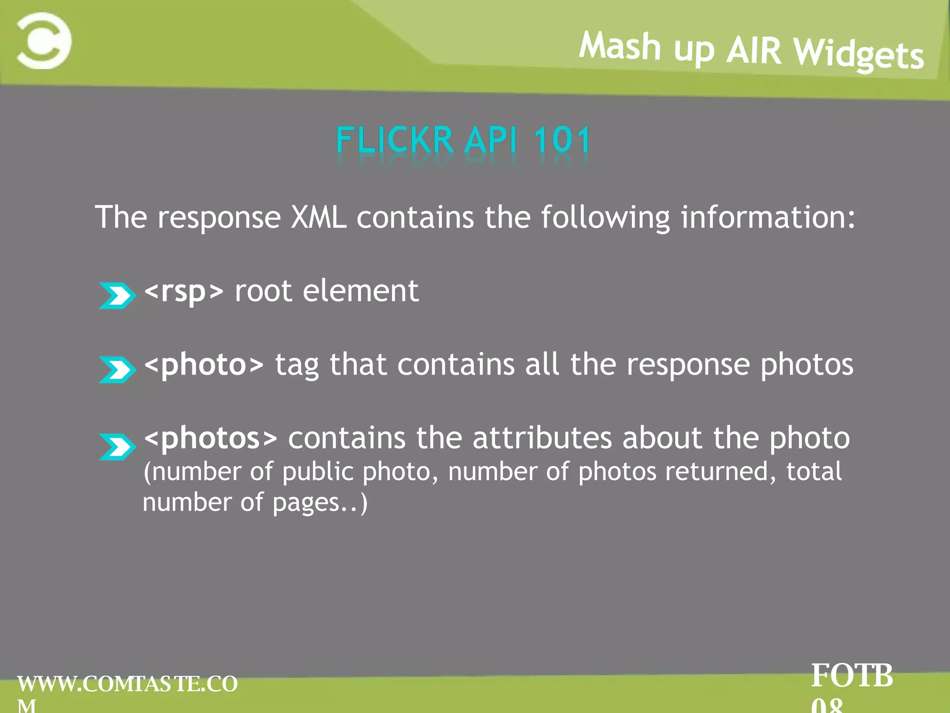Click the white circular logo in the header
click(44, 41)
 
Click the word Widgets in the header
click(858, 55)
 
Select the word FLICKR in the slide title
click(394, 140)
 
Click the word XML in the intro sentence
click(318, 217)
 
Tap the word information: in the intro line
click(768, 217)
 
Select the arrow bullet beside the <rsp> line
click(117, 296)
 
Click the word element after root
click(360, 292)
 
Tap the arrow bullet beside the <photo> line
click(117, 369)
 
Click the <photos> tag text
click(211, 438)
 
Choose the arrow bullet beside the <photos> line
click(117, 447)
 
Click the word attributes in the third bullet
click(542, 438)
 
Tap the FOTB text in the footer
click(852, 676)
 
